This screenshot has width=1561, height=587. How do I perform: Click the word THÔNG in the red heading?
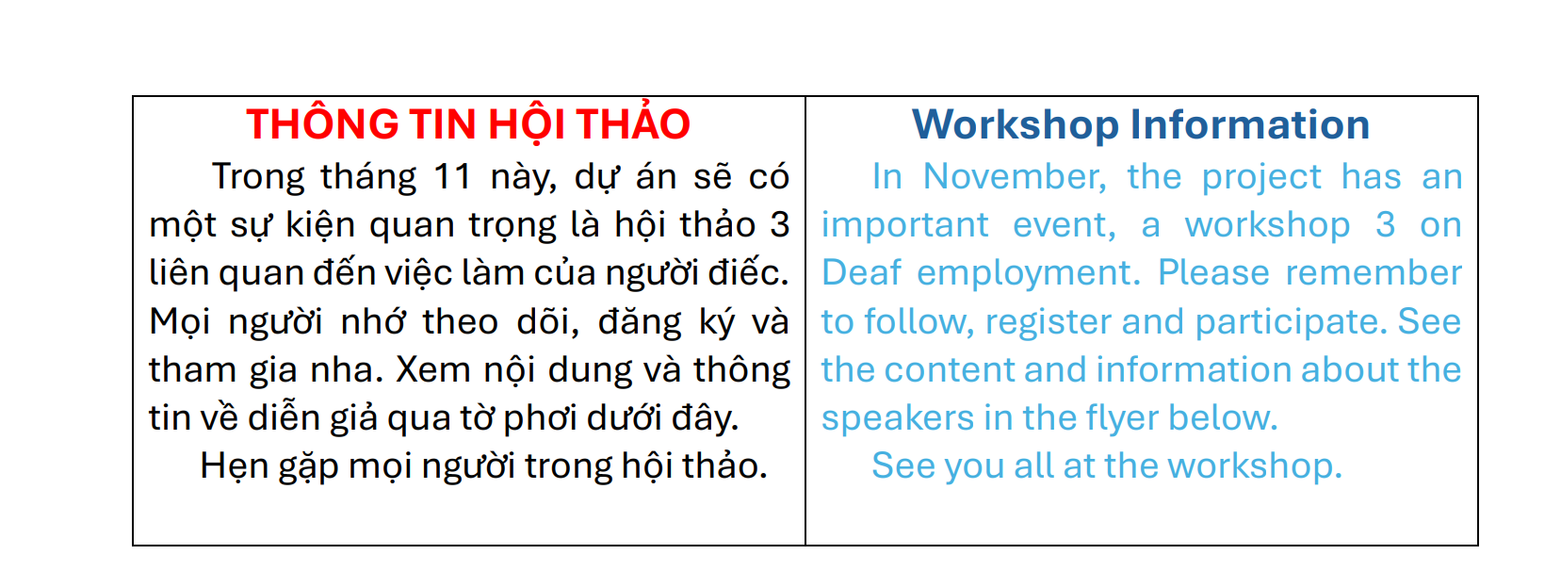pyautogui.click(x=322, y=124)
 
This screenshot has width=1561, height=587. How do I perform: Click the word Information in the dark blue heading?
pyautogui.click(x=1250, y=124)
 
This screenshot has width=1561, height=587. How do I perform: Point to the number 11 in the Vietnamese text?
pyautogui.click(x=453, y=176)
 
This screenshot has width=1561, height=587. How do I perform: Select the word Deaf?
pyautogui.click(x=861, y=272)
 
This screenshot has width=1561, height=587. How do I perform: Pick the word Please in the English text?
pyautogui.click(x=1213, y=272)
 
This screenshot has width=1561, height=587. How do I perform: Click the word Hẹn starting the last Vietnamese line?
pyautogui.click(x=235, y=466)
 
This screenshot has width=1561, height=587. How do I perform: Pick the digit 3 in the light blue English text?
pyautogui.click(x=1386, y=225)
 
